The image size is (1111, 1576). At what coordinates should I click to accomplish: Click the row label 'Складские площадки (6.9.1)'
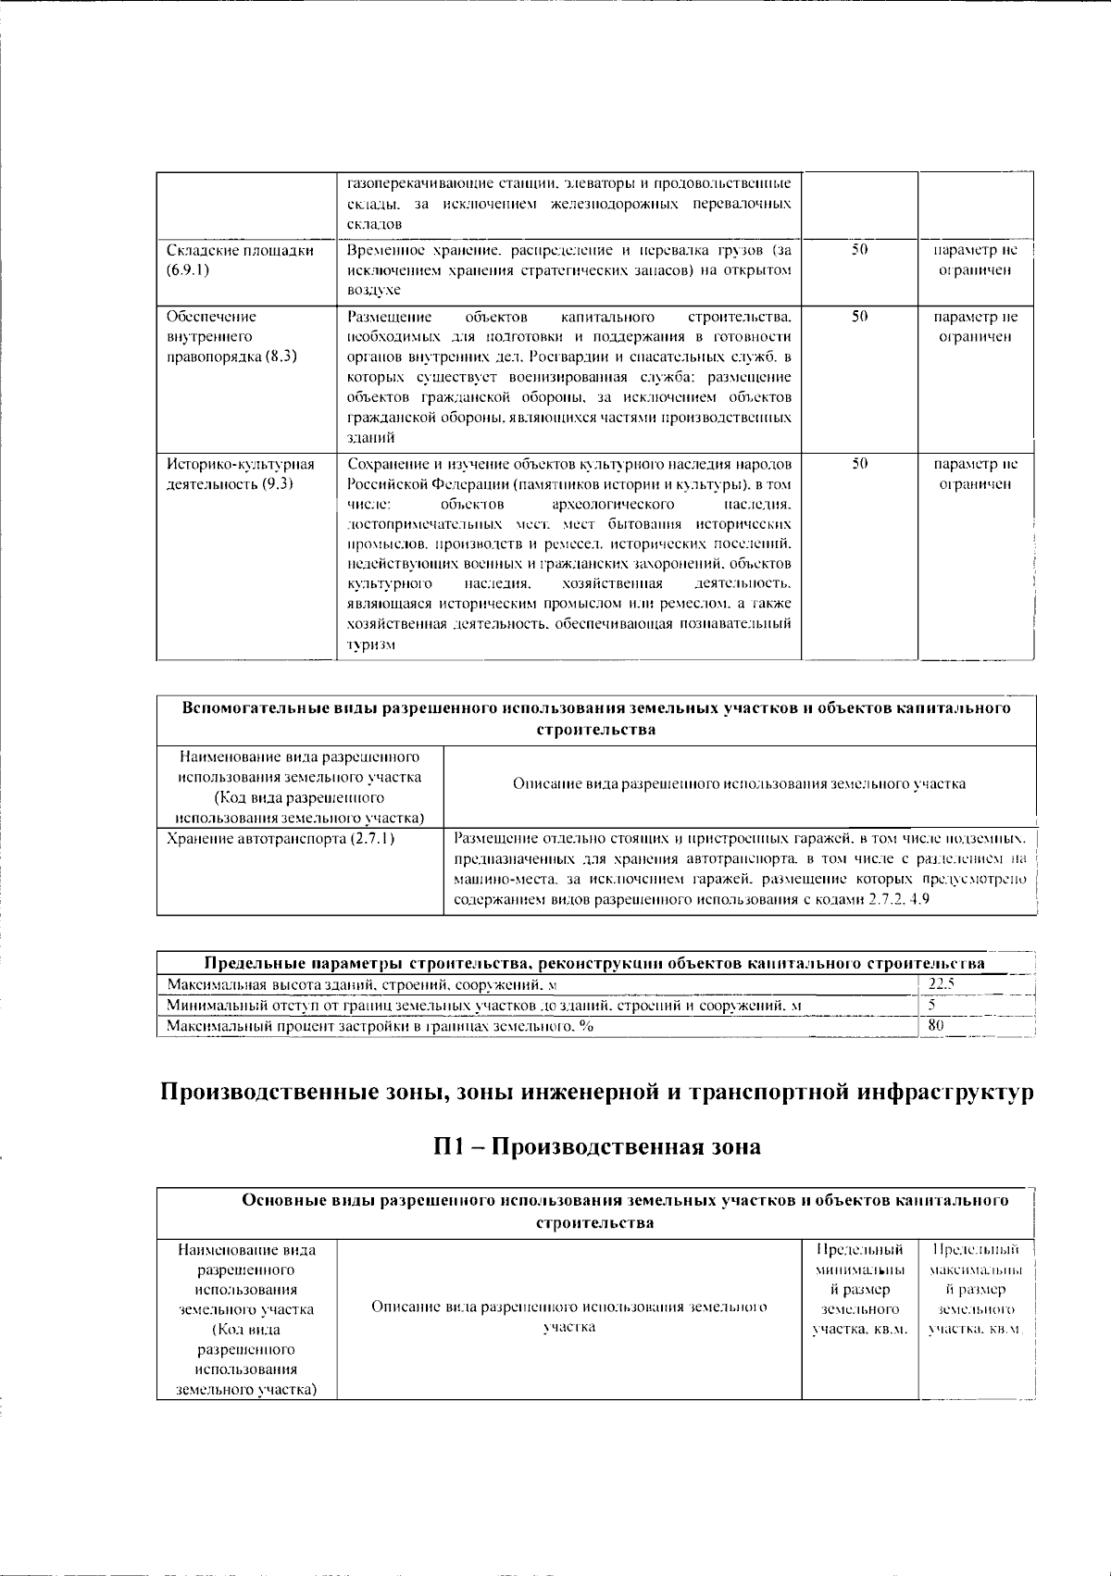(x=240, y=260)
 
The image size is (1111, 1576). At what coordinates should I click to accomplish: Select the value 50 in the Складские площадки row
(x=858, y=250)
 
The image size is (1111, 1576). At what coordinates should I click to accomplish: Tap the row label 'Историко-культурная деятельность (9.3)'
(x=240, y=474)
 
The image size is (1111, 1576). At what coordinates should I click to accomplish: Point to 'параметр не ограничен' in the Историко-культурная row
(x=975, y=474)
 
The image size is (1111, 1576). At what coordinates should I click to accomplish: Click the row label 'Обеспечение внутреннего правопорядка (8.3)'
(x=231, y=336)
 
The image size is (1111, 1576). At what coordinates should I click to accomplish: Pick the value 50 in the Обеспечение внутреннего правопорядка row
(x=858, y=317)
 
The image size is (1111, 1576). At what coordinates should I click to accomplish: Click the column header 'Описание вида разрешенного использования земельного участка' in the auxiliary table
(x=739, y=784)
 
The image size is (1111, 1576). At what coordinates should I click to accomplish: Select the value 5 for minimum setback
(x=932, y=1005)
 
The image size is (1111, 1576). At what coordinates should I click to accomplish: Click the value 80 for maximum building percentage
(x=936, y=1025)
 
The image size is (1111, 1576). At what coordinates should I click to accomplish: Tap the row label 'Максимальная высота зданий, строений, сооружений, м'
(x=362, y=985)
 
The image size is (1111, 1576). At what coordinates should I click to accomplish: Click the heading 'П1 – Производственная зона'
(x=597, y=1146)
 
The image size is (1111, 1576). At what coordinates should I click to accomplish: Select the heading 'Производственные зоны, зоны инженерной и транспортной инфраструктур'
(x=597, y=1093)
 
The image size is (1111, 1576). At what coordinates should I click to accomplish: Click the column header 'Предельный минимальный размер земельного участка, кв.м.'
(x=859, y=1289)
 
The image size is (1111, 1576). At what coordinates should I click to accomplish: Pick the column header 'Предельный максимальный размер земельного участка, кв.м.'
(x=975, y=1289)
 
